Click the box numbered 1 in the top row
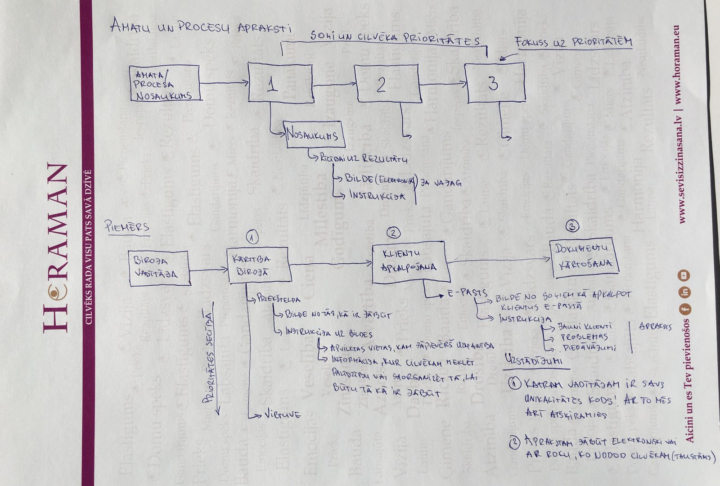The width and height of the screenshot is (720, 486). point(280,83)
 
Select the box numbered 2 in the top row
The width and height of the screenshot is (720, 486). point(387,84)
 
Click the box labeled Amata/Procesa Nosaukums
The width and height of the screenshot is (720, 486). point(164,83)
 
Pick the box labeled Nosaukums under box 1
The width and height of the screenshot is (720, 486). point(315,134)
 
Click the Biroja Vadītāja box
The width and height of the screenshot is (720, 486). point(158,268)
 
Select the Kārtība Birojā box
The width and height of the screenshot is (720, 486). point(258,265)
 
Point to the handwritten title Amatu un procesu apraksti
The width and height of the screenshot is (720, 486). point(201,27)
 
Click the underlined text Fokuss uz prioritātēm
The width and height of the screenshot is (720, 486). point(574,43)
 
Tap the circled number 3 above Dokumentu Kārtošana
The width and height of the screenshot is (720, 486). point(572,226)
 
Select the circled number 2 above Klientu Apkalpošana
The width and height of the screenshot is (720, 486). point(393,232)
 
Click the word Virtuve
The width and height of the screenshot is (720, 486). point(283,414)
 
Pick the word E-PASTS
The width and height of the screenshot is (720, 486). point(467,293)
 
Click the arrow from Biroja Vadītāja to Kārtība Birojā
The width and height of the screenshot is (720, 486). point(208,270)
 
